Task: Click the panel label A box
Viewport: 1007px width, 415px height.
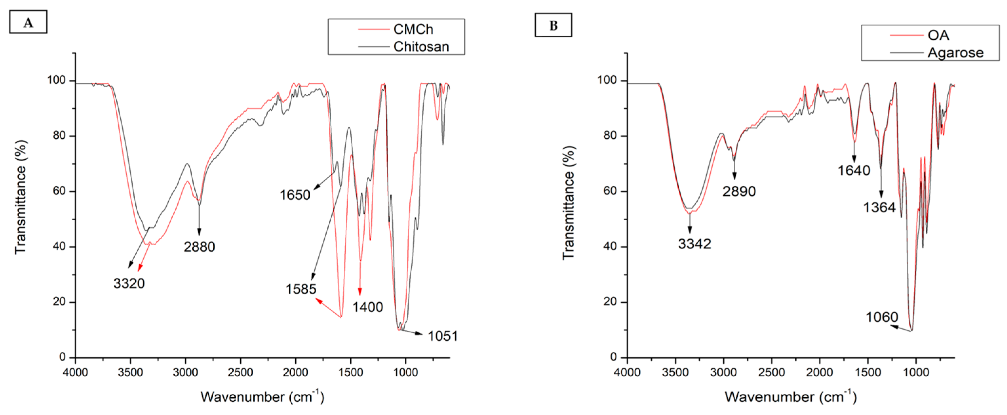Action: pyautogui.click(x=28, y=22)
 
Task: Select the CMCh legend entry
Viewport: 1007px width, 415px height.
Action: pyautogui.click(x=413, y=29)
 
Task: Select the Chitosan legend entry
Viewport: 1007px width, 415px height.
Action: pyautogui.click(x=421, y=47)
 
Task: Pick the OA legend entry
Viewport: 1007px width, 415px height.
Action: pyautogui.click(x=938, y=35)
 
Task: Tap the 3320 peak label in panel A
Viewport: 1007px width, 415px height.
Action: pyautogui.click(x=129, y=283)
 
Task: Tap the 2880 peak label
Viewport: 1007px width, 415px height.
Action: pyautogui.click(x=199, y=247)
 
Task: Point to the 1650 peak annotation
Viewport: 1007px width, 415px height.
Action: pyautogui.click(x=295, y=195)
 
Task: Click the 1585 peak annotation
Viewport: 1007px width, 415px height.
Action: pyautogui.click(x=300, y=289)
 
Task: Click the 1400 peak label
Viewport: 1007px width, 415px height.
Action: pyautogui.click(x=367, y=307)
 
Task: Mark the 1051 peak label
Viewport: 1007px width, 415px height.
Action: pyautogui.click(x=442, y=336)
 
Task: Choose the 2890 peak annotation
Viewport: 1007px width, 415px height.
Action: pyautogui.click(x=739, y=191)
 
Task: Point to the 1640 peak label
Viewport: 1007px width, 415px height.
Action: pyautogui.click(x=854, y=170)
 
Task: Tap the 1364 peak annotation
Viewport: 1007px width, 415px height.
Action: pyautogui.click(x=879, y=207)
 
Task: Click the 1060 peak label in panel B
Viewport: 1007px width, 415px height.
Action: pyautogui.click(x=882, y=317)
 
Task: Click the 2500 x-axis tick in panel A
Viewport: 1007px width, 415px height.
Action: pyautogui.click(x=241, y=372)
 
